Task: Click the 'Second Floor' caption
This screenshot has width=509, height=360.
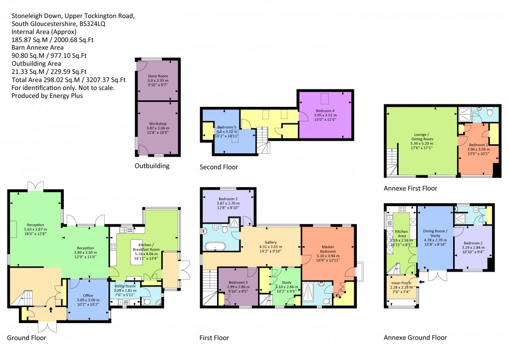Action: [219, 167]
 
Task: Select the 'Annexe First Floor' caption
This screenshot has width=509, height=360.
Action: [410, 188]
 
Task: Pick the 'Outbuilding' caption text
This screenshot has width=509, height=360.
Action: [152, 166]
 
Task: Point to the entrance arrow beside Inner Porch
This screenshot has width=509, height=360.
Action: [422, 282]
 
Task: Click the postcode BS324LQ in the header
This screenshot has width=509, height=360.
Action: [98, 23]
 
